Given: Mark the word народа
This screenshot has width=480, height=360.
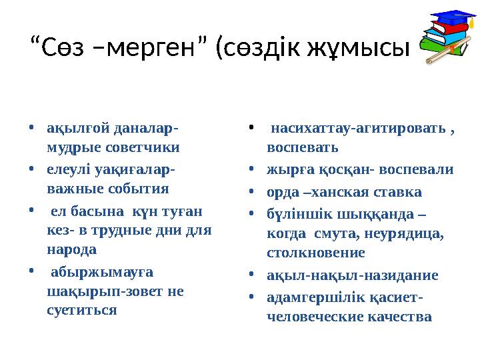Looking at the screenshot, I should pyautogui.click(x=71, y=251).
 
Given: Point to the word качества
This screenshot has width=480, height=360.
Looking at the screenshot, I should pyautogui.click(x=398, y=316).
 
